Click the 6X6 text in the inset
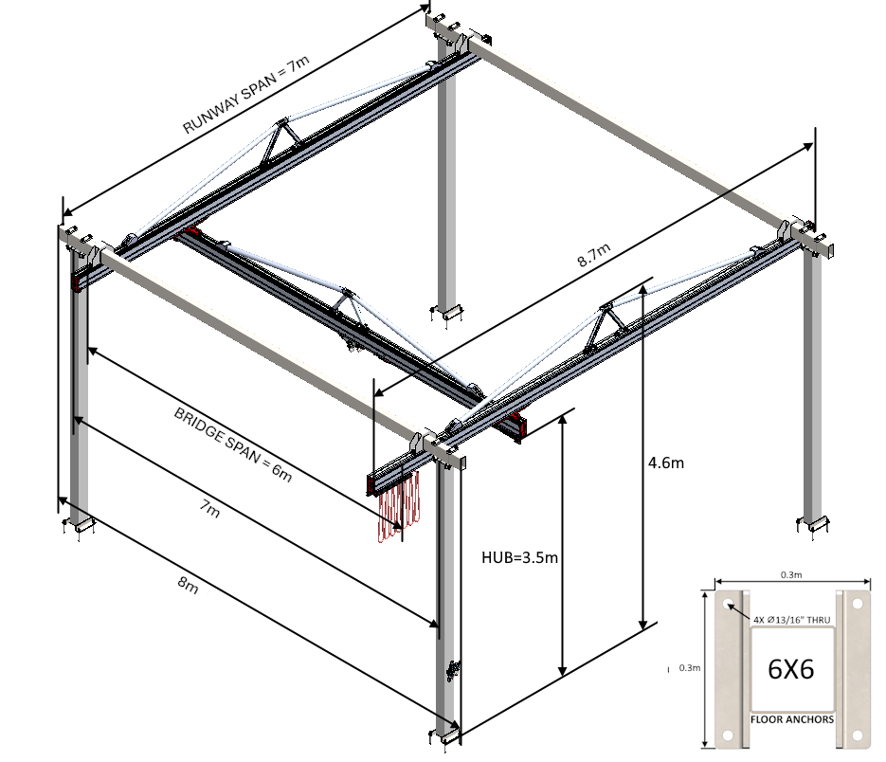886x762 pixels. click(791, 669)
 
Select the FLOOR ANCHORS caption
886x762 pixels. click(792, 719)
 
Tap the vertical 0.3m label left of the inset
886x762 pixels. click(690, 668)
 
